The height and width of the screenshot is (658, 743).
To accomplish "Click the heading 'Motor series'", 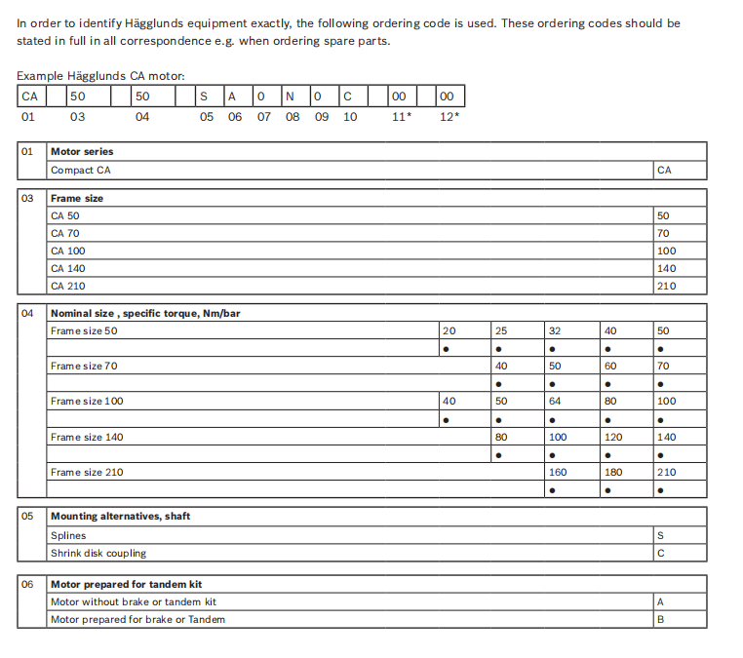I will pyautogui.click(x=82, y=152).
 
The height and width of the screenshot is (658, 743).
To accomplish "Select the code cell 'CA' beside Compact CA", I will pyautogui.click(x=664, y=170).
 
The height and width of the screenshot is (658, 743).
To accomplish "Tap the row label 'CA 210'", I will pyautogui.click(x=67, y=287).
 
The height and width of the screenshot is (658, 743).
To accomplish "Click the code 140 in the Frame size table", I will pyautogui.click(x=666, y=268).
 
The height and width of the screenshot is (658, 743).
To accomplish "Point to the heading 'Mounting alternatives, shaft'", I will pyautogui.click(x=120, y=517).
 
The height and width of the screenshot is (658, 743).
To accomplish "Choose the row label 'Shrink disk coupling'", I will pyautogui.click(x=98, y=553).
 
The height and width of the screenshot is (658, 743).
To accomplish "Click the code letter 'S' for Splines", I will pyautogui.click(x=661, y=535).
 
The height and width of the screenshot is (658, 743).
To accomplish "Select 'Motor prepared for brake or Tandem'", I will pyautogui.click(x=137, y=619).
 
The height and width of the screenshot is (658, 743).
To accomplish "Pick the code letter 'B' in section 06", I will pyautogui.click(x=661, y=619).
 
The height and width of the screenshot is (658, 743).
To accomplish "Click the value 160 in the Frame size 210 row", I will pyautogui.click(x=558, y=473).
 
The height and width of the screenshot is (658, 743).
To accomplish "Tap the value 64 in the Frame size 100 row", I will pyautogui.click(x=555, y=402).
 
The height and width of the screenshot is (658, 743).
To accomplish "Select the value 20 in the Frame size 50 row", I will pyautogui.click(x=449, y=330).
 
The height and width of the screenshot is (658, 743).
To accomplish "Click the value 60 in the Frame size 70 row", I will pyautogui.click(x=610, y=367).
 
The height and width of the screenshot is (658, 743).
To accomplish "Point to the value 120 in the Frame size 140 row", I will pyautogui.click(x=613, y=438).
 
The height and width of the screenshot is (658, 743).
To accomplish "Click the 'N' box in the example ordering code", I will pyautogui.click(x=289, y=97).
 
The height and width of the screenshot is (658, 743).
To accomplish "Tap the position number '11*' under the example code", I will pyautogui.click(x=401, y=117).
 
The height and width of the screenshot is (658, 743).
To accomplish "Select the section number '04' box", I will pyautogui.click(x=27, y=313).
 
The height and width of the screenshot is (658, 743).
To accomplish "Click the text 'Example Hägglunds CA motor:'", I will pyautogui.click(x=100, y=75).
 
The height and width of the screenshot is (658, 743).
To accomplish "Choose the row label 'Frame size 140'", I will pyautogui.click(x=87, y=438).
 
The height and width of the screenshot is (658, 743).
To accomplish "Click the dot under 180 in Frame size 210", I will pyautogui.click(x=609, y=489).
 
